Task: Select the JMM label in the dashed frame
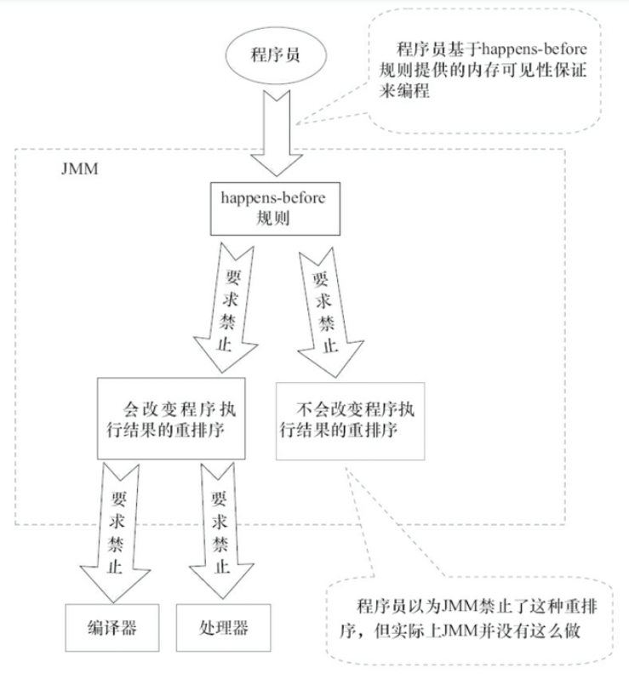tap(80, 168)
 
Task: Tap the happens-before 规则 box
tap(276, 208)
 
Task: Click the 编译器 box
tap(112, 628)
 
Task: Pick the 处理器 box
tap(224, 628)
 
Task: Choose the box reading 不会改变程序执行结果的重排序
tap(351, 421)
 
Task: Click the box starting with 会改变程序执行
tap(171, 419)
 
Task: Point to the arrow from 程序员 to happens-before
tap(277, 134)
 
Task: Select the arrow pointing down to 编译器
tap(116, 533)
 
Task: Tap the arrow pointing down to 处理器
tap(221, 530)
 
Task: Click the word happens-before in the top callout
tap(535, 49)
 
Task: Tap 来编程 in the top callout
tap(404, 90)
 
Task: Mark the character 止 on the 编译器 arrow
tap(114, 567)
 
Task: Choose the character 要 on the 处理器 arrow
tap(219, 499)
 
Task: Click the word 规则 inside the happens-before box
tap(273, 218)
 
